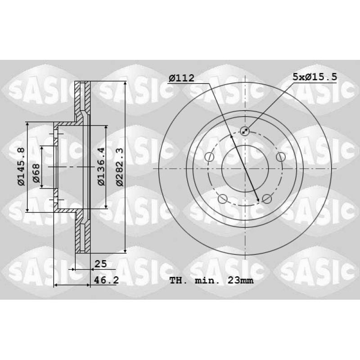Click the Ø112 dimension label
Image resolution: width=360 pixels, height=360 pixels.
(x=181, y=78)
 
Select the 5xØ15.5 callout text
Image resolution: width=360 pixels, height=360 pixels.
(x=315, y=76)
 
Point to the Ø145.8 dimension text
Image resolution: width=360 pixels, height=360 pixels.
(x=21, y=166)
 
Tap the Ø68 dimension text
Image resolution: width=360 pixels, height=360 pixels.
(x=36, y=173)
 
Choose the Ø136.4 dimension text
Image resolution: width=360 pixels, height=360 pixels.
(x=101, y=166)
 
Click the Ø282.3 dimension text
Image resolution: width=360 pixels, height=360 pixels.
(x=120, y=167)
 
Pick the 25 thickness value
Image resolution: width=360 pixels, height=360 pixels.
(x=100, y=264)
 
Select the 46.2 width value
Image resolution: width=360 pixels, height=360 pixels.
(x=106, y=280)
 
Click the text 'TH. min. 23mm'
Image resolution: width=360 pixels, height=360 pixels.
(x=211, y=280)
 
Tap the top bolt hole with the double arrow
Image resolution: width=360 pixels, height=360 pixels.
(x=245, y=131)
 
